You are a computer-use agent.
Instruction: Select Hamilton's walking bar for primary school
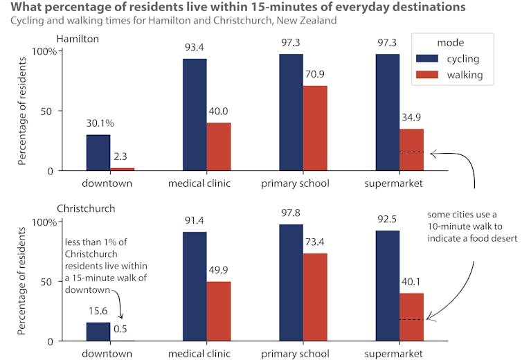pos(314,128)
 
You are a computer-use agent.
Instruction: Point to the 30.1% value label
pos(100,123)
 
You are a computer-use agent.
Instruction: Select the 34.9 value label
pos(412,117)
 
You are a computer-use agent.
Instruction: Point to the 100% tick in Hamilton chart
pos(46,51)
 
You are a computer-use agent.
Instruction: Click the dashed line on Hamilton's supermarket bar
pos(411,152)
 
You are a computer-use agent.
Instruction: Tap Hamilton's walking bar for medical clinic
pos(219,147)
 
